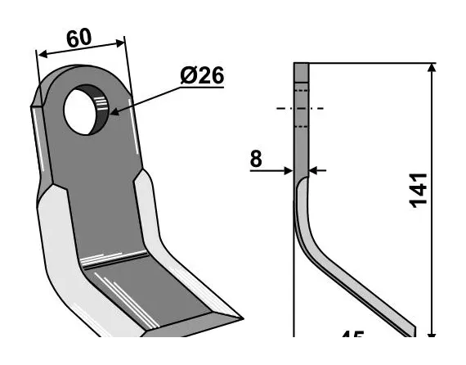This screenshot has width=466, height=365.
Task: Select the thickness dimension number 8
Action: (x=256, y=158)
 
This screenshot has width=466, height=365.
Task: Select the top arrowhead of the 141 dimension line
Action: (x=431, y=68)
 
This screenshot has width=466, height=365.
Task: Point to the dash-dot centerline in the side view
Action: (x=300, y=108)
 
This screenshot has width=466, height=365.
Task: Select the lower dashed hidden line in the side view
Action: (x=300, y=126)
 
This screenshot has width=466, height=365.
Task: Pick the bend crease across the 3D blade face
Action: (x=114, y=260)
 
